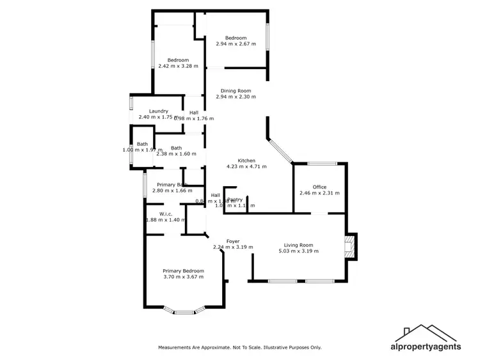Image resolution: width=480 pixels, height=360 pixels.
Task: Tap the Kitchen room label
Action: [x=246, y=160]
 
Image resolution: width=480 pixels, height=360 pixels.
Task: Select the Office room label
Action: [x=319, y=187]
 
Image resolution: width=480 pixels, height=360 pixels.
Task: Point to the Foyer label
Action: [x=233, y=241]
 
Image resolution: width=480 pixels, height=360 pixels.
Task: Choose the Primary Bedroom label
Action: [x=183, y=270]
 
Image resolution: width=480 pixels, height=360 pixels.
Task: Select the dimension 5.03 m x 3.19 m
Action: [x=298, y=251]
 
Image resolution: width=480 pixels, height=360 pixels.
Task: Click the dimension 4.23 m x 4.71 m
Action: [x=246, y=166]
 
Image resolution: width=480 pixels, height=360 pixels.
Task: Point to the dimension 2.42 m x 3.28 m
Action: [x=178, y=66]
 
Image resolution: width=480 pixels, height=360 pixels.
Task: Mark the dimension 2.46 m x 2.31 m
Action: [x=319, y=192]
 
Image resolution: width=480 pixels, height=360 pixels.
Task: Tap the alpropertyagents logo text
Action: [x=426, y=347]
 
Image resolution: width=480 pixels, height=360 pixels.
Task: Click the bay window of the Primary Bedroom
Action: [x=184, y=312]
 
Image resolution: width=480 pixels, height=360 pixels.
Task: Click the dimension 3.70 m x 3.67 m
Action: [x=183, y=277]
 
